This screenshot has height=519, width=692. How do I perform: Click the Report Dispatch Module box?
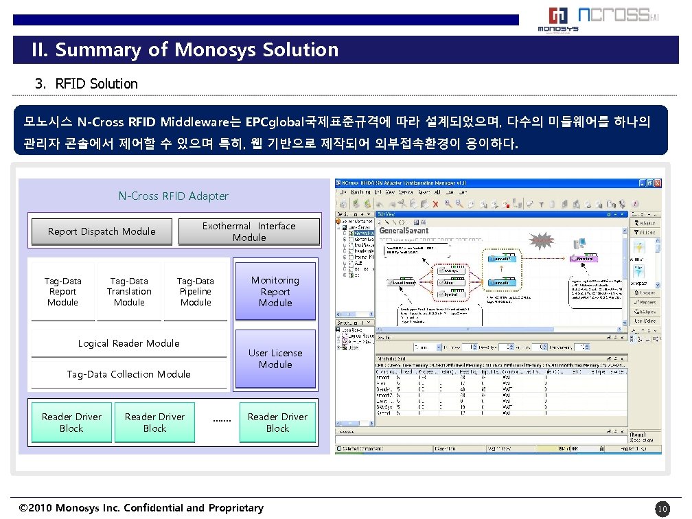click(102, 232)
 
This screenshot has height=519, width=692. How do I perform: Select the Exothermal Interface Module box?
click(249, 232)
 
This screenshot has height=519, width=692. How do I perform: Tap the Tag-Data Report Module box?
click(62, 292)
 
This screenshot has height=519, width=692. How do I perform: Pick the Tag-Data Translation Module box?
click(129, 292)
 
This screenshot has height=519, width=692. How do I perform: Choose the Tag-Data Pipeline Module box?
click(196, 292)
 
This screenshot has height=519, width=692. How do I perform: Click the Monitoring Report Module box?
click(275, 291)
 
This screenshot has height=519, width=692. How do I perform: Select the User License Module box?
click(275, 358)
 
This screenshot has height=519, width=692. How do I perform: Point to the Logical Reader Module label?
click(128, 343)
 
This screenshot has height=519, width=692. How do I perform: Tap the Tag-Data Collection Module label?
click(128, 374)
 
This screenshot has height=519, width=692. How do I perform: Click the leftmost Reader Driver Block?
click(71, 422)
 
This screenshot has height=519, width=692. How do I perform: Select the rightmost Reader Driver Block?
click(277, 422)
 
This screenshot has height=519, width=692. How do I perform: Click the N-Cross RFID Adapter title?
click(173, 196)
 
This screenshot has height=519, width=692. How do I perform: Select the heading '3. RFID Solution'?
click(86, 84)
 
